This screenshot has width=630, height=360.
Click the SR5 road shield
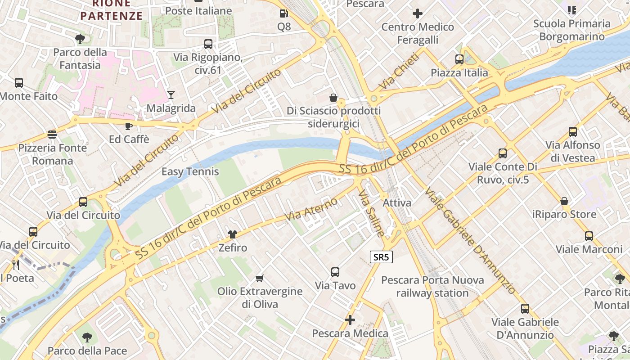(x=381, y=257)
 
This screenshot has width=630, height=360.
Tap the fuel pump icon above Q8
(x=283, y=13)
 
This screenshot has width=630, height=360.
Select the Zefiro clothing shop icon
(x=233, y=234)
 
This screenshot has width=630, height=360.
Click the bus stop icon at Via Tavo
(x=335, y=272)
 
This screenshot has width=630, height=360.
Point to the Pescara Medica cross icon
(x=350, y=320)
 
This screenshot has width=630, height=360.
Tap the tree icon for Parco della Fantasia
(x=80, y=39)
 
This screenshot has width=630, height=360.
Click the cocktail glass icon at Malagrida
(x=171, y=94)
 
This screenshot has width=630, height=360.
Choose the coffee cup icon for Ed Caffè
(x=129, y=126)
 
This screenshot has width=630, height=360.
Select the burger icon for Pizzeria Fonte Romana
(x=53, y=134)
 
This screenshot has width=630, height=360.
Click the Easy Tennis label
(x=190, y=171)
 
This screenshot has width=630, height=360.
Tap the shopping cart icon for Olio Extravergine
(x=260, y=278)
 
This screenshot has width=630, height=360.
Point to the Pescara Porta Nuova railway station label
(x=432, y=287)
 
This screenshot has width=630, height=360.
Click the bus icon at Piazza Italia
(x=459, y=59)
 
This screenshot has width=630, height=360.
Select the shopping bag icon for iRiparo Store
(x=564, y=201)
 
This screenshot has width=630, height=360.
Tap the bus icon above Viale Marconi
(x=589, y=236)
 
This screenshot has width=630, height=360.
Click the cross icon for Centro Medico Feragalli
(x=418, y=13)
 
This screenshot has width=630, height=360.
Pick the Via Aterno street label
(x=311, y=209)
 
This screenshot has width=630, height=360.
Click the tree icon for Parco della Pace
(x=87, y=337)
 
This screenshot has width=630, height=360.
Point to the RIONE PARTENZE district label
(x=112, y=10)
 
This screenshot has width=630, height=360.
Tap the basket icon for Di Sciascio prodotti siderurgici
(x=333, y=97)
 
